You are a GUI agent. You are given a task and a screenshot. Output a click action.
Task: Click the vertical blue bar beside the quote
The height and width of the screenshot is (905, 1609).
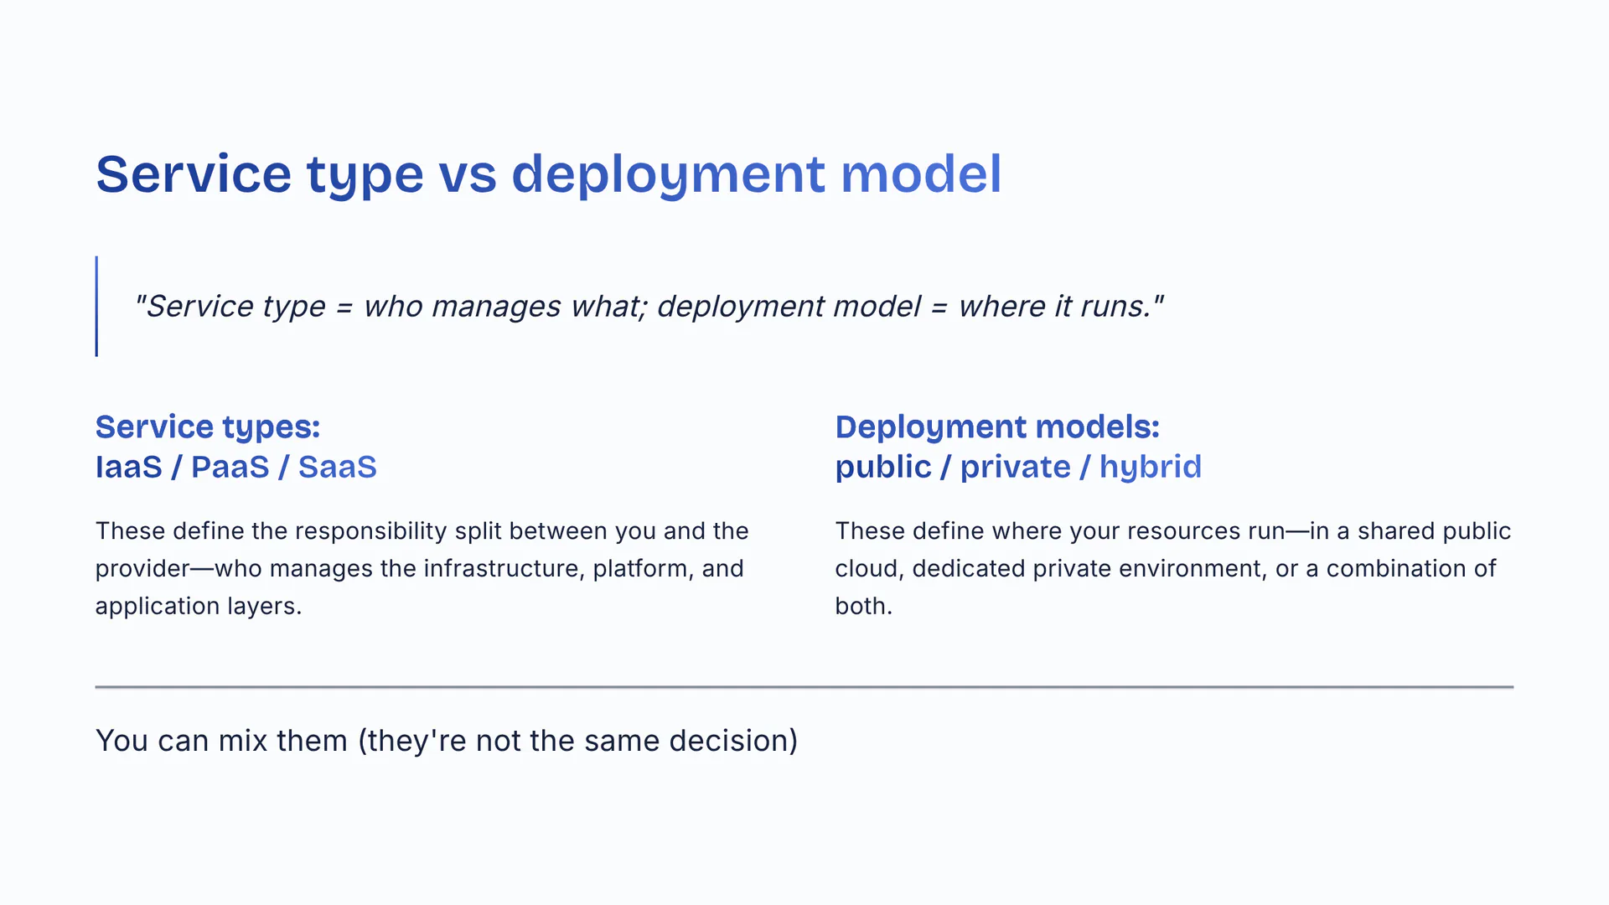pyautogui.click(x=96, y=306)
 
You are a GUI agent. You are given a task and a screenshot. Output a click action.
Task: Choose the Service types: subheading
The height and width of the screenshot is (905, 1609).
pyautogui.click(x=208, y=427)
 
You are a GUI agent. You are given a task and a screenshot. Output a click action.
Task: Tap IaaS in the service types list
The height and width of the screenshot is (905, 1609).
pyautogui.click(x=129, y=467)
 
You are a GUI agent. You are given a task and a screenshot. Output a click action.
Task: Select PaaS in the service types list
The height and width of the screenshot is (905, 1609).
pyautogui.click(x=230, y=467)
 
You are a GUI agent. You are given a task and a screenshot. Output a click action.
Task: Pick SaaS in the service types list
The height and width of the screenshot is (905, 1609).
pyautogui.click(x=338, y=467)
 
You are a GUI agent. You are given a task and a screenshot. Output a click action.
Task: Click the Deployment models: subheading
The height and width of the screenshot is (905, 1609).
pyautogui.click(x=997, y=427)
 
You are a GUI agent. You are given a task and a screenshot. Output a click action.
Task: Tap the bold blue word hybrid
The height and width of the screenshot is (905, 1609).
pyautogui.click(x=1151, y=467)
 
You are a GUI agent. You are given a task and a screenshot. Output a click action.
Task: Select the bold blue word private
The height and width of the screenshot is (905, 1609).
pyautogui.click(x=1015, y=468)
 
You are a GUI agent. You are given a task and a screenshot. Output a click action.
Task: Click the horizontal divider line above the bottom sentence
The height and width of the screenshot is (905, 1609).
pyautogui.click(x=804, y=687)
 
